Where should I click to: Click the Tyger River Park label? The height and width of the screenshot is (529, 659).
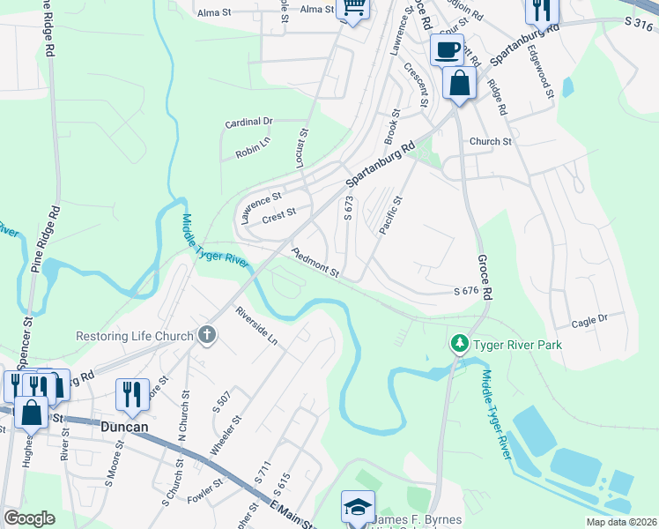(x=517, y=343)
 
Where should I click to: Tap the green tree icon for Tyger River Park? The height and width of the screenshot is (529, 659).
(x=458, y=342)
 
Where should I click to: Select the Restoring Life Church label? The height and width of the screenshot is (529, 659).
(x=134, y=336)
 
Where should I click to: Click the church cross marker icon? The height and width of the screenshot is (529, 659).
(x=206, y=334)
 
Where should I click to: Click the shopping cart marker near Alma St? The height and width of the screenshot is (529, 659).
(x=353, y=8)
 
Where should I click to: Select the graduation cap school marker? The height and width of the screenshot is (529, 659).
(x=358, y=507)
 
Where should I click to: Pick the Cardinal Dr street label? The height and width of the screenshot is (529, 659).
(x=249, y=121)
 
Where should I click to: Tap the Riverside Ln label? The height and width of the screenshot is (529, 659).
(x=255, y=325)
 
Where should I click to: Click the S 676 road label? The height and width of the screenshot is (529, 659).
(x=465, y=291)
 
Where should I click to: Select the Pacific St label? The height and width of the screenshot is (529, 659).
(x=390, y=215)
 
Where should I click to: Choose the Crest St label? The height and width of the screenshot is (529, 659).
(x=278, y=212)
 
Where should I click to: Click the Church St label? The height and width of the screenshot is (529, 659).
(x=490, y=141)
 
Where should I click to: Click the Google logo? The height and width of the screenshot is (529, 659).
(x=30, y=518)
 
